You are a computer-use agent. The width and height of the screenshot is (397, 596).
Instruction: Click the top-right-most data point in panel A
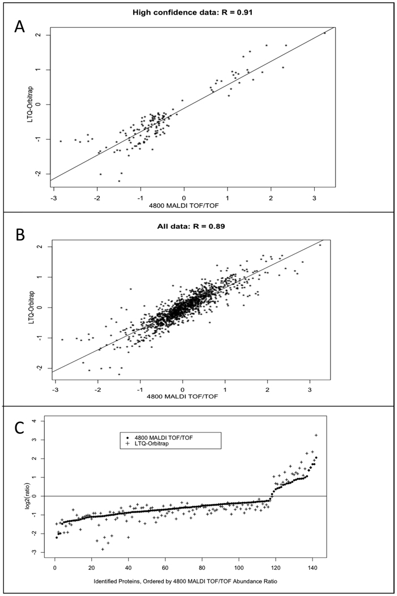pos(324,33)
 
